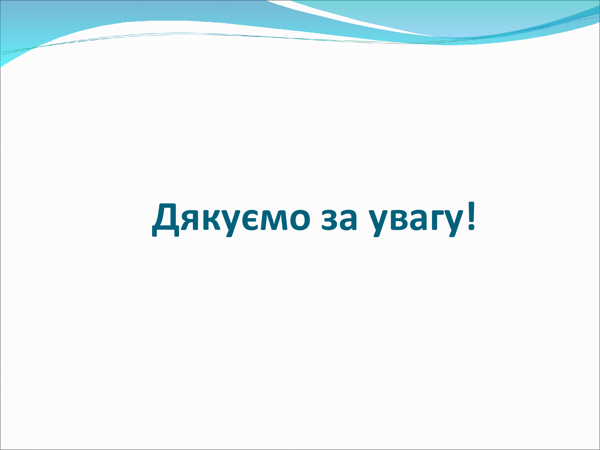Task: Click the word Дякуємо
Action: (231, 219)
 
